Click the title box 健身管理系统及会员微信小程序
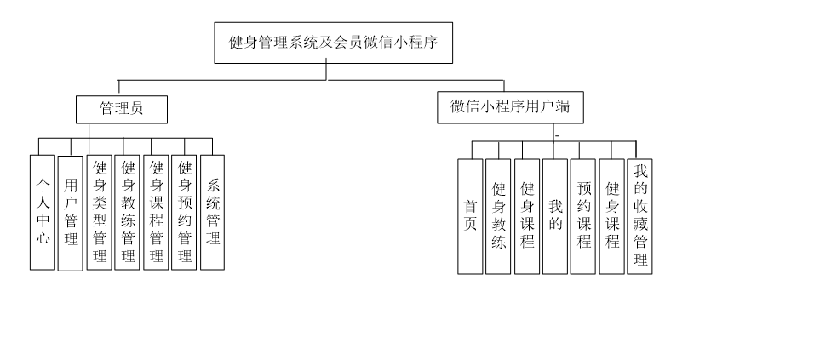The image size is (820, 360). point(333,43)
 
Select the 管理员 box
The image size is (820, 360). point(121,109)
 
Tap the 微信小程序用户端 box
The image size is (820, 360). point(510,107)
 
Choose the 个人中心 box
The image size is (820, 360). point(43,212)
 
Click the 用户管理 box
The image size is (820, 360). point(71,213)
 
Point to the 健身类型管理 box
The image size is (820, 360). point(100,212)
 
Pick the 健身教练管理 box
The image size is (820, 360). point(128,212)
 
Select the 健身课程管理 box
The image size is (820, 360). point(156,212)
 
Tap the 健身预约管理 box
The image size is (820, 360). point(184,212)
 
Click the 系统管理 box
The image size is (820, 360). point(212,212)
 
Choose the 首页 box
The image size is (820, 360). point(470,216)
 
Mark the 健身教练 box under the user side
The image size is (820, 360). point(499,216)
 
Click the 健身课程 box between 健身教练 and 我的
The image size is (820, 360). point(527,216)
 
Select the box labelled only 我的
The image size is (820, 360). point(555,216)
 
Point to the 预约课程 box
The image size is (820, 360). point(583,216)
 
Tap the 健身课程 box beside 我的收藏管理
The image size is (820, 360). point(611,216)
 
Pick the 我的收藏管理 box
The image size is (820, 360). point(640,216)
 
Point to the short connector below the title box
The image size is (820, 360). point(326,60)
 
